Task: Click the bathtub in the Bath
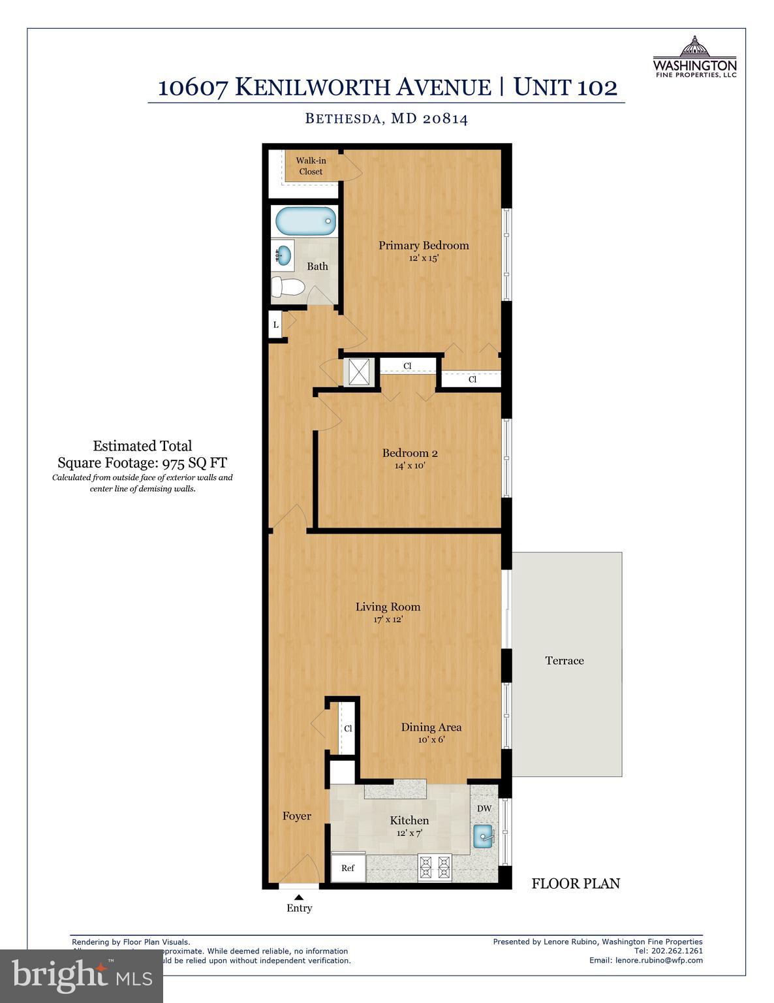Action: pos(305,222)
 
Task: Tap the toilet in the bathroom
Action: pos(288,287)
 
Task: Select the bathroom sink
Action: pos(283,255)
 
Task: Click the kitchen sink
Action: pos(484,835)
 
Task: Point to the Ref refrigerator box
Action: pos(348,868)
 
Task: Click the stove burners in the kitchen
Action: pos(435,867)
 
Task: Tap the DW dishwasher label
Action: pos(484,808)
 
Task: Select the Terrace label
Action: pos(565,661)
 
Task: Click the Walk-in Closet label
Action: pos(311,166)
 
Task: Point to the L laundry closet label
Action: pos(276,325)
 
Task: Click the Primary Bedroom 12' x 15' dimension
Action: pos(424,258)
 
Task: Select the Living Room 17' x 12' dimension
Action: pos(388,619)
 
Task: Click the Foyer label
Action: pos(296,816)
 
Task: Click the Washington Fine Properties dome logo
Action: pos(694,47)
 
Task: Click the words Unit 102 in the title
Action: pos(565,87)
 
